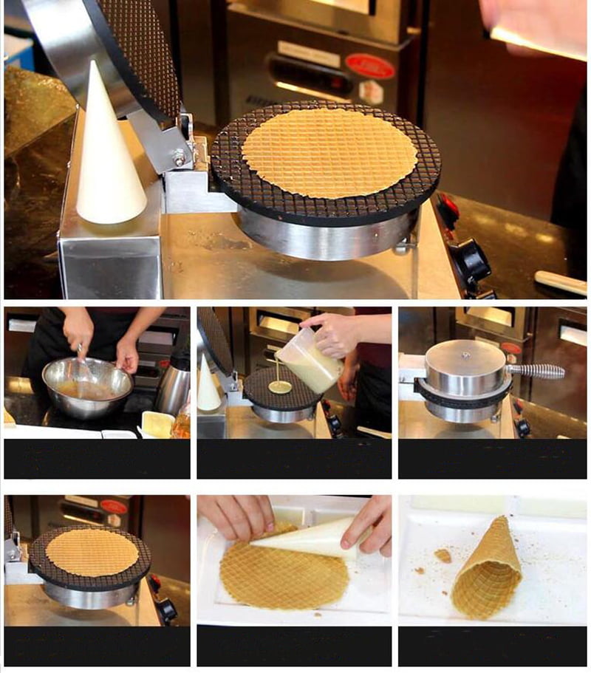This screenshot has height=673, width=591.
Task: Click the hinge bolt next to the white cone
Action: coord(178,157)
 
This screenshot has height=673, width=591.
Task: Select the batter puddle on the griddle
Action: coord(279,386)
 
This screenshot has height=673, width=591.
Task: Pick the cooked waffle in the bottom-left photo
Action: coord(92,552)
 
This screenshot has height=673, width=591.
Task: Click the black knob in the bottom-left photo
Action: coord(165,609)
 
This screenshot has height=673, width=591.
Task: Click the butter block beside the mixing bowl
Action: coord(157,423)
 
